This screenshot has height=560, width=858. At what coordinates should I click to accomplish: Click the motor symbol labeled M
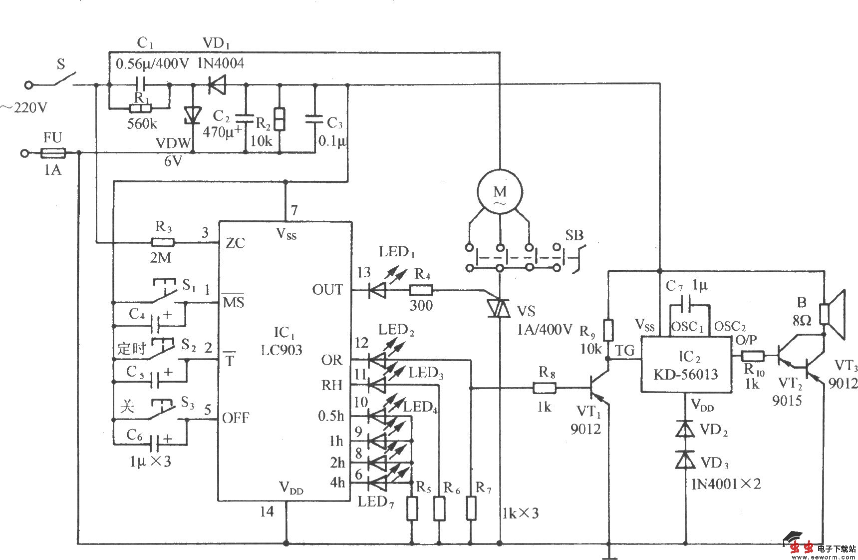click(500, 192)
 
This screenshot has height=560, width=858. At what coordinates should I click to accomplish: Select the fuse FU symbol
click(52, 152)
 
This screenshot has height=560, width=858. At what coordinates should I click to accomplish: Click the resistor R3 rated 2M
click(163, 243)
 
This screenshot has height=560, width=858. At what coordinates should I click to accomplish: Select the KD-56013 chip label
click(685, 374)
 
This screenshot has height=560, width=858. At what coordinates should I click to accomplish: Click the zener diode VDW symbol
click(193, 115)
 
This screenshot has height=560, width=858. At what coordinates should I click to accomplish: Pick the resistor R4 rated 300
click(421, 290)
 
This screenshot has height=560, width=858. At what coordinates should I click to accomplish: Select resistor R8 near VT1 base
click(545, 388)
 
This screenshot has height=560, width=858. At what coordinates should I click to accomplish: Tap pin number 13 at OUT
click(363, 273)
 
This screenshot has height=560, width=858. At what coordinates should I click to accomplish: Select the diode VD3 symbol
click(685, 460)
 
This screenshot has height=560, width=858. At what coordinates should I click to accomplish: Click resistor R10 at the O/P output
click(753, 356)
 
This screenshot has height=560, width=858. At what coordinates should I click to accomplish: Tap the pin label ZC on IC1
click(235, 243)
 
